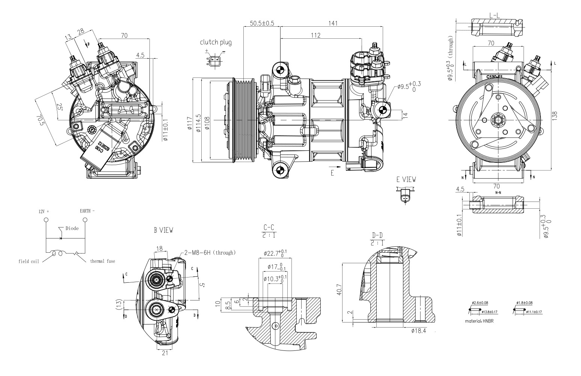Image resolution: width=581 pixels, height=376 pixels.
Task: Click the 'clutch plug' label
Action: point(216,42)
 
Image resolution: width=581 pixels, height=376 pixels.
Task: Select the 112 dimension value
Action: point(315,35)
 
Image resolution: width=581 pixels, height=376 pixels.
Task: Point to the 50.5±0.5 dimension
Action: point(262,23)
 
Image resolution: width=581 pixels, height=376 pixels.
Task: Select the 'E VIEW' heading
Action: point(406,180)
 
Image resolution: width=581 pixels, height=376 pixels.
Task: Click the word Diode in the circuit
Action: point(72,228)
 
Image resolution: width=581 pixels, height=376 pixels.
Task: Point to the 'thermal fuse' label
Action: point(103,261)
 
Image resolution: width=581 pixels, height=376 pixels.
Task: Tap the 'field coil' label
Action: point(29,261)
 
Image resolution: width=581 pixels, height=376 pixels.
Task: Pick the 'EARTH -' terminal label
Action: point(87,211)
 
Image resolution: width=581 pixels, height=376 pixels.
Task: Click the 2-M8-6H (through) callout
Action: point(210,253)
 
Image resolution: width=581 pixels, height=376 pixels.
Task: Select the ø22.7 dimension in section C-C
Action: point(275,253)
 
